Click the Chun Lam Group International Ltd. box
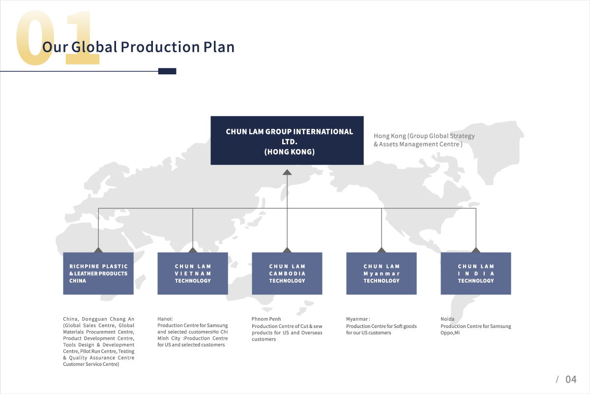click(x=287, y=140)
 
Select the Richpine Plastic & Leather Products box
click(x=98, y=273)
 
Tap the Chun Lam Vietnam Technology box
click(x=193, y=273)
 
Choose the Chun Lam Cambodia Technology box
click(x=287, y=273)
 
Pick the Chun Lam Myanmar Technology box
click(x=382, y=273)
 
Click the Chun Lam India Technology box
click(x=476, y=273)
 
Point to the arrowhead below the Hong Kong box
click(x=287, y=172)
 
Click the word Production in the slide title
click(x=160, y=47)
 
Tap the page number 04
click(x=571, y=380)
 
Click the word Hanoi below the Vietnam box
click(x=165, y=319)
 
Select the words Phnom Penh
click(x=266, y=319)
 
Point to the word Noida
click(x=447, y=319)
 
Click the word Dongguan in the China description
click(x=94, y=319)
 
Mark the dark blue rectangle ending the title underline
click(x=167, y=71)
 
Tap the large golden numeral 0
click(x=35, y=37)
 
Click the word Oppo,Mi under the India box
click(x=450, y=333)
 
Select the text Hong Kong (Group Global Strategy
click(x=424, y=136)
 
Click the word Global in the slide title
click(x=94, y=47)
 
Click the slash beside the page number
click(x=557, y=380)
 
